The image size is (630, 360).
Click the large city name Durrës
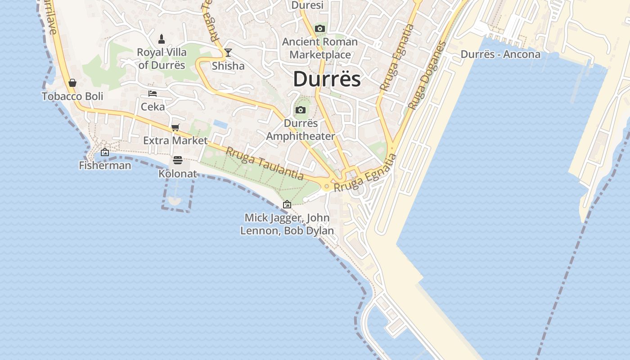click(x=327, y=79)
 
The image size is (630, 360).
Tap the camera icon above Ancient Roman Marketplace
click(x=320, y=29)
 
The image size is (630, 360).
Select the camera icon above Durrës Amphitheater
click(x=301, y=110)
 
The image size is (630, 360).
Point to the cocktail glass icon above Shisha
click(x=228, y=53)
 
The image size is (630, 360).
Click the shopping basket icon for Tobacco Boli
click(x=72, y=83)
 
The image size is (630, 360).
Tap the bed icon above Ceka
click(x=153, y=94)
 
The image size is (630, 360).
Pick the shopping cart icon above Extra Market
click(x=175, y=127)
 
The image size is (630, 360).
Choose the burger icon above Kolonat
click(x=178, y=160)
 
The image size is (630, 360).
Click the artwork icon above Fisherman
click(x=105, y=152)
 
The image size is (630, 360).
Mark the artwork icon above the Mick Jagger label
click(x=287, y=204)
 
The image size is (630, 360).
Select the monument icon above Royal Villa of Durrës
click(x=162, y=39)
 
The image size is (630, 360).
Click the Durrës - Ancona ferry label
click(x=500, y=54)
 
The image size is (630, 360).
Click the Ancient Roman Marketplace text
click(x=320, y=48)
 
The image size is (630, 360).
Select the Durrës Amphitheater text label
click(x=301, y=130)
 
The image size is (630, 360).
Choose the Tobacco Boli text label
click(x=72, y=96)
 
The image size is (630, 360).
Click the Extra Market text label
click(x=175, y=140)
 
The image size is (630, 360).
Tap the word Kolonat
click(x=178, y=173)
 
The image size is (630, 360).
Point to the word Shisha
click(x=228, y=66)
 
